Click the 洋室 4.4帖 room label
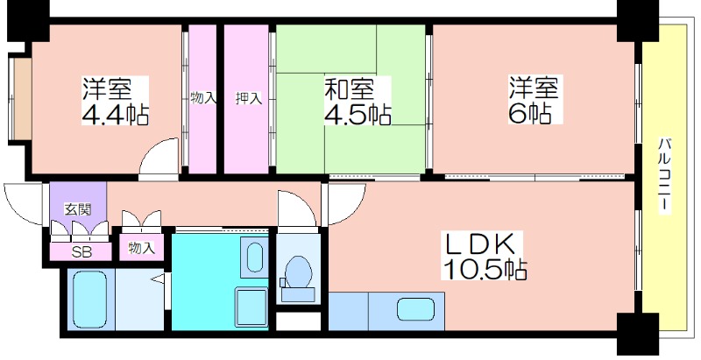[115, 101]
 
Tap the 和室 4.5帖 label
[358, 101]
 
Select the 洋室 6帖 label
[534, 100]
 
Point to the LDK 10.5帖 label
[485, 256]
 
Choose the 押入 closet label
[249, 99]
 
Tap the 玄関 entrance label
[78, 209]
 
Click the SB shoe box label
[81, 252]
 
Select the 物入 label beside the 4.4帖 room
[203, 98]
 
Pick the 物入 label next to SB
[141, 248]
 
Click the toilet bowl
[298, 272]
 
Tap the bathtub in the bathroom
[89, 300]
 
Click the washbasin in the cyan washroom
[255, 258]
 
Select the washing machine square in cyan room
[251, 307]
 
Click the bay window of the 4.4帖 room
[20, 98]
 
